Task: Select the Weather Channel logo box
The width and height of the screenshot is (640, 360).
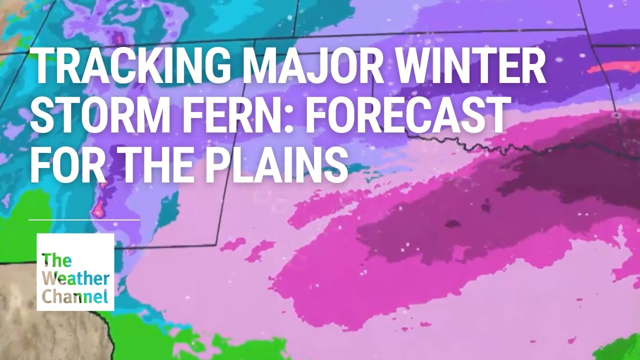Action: click(75, 272)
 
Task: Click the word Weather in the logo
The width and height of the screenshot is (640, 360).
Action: click(75, 278)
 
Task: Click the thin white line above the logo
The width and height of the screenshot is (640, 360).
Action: click(84, 219)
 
